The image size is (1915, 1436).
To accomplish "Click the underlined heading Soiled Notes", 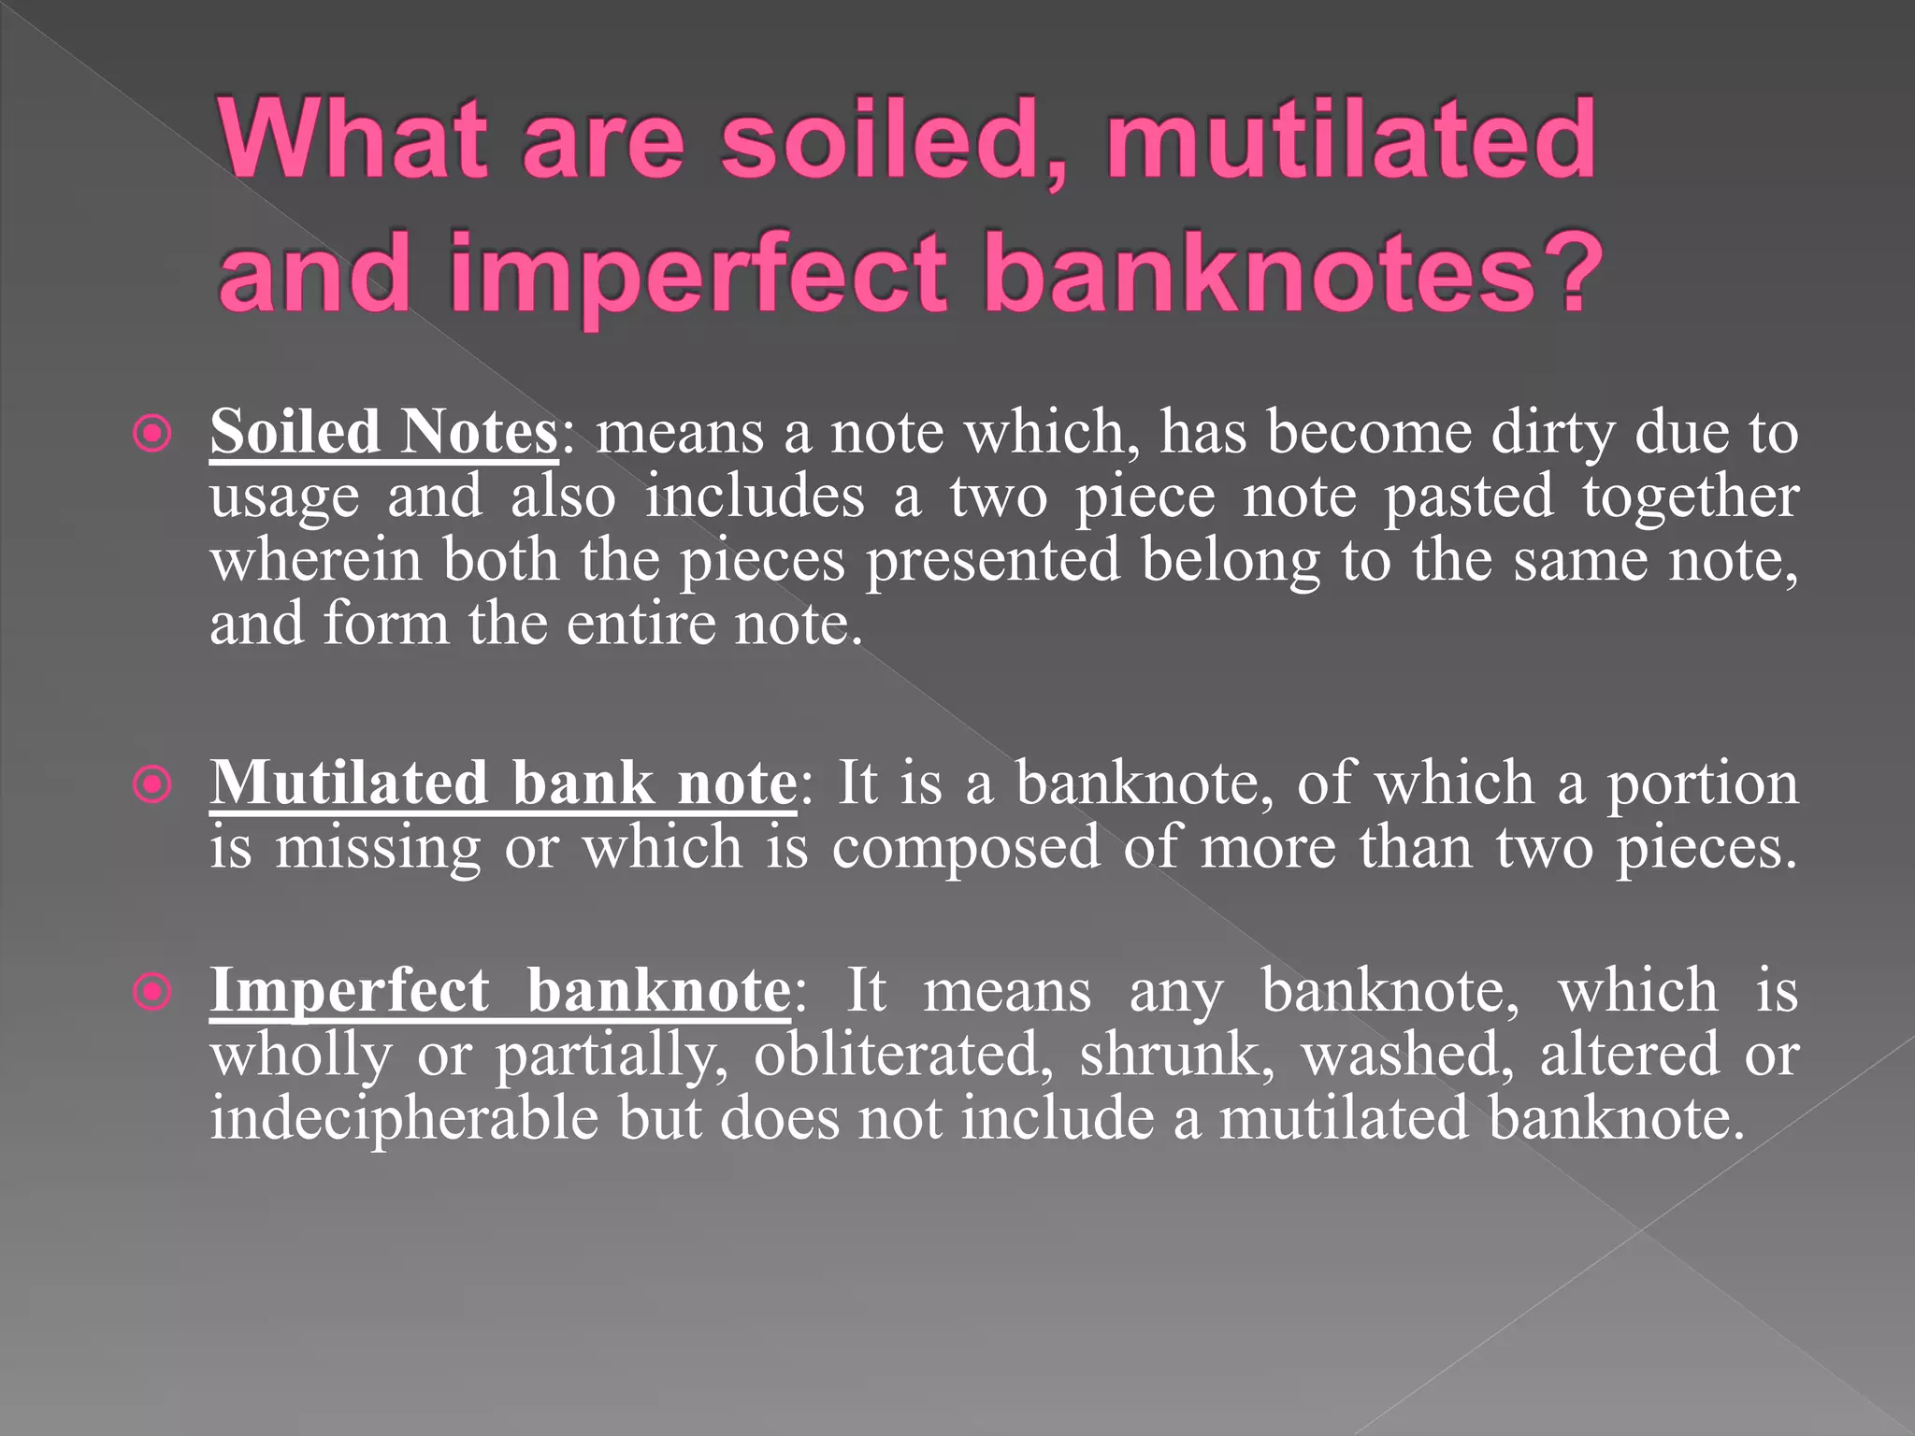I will coord(383,432).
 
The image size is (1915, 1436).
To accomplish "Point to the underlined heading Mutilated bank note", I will coord(503,783).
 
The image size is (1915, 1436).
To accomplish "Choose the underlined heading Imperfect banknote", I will coord(500,990).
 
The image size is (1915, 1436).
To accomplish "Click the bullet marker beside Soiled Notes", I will coord(152,434).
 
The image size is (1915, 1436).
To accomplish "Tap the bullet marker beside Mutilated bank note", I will coord(152,784).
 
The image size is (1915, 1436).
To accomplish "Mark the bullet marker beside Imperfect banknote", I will coord(152,992).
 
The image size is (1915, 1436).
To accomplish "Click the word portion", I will coord(1702,783).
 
